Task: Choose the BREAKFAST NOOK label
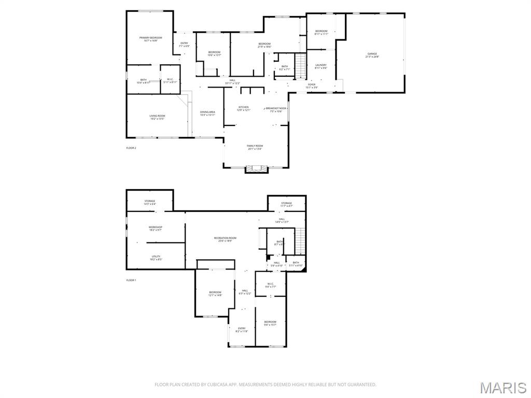click(x=276, y=109)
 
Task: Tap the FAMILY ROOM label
click(x=255, y=147)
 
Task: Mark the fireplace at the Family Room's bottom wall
click(x=256, y=169)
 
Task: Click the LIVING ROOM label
click(x=157, y=117)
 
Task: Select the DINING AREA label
click(x=207, y=113)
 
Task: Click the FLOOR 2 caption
click(x=131, y=148)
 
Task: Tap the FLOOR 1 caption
click(x=131, y=280)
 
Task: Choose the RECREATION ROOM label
click(x=226, y=239)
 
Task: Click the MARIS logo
click(x=503, y=387)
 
